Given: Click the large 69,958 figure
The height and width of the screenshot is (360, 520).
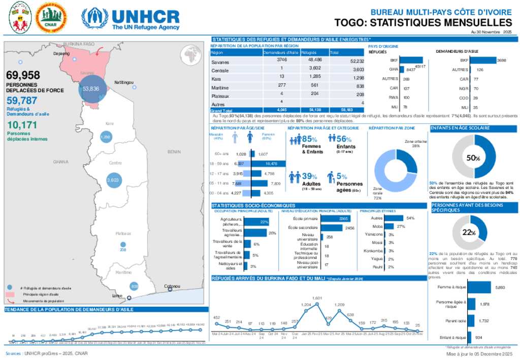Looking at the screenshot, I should click(x=23, y=76).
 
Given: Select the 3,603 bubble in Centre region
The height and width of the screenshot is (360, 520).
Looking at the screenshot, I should click(x=113, y=180).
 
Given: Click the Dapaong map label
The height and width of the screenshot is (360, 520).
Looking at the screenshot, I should click(x=61, y=53).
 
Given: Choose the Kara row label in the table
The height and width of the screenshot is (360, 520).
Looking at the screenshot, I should click(x=216, y=78).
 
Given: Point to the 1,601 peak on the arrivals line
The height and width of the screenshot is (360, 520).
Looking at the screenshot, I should click(x=317, y=304).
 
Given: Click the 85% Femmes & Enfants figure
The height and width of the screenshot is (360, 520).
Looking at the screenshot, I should click(x=309, y=139).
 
